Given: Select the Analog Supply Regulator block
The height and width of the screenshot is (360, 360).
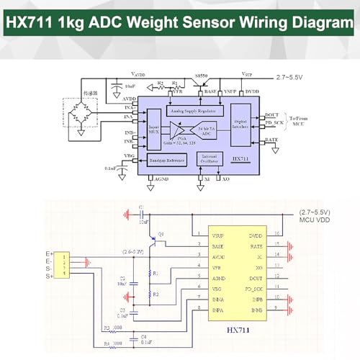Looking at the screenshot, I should [194, 112].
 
